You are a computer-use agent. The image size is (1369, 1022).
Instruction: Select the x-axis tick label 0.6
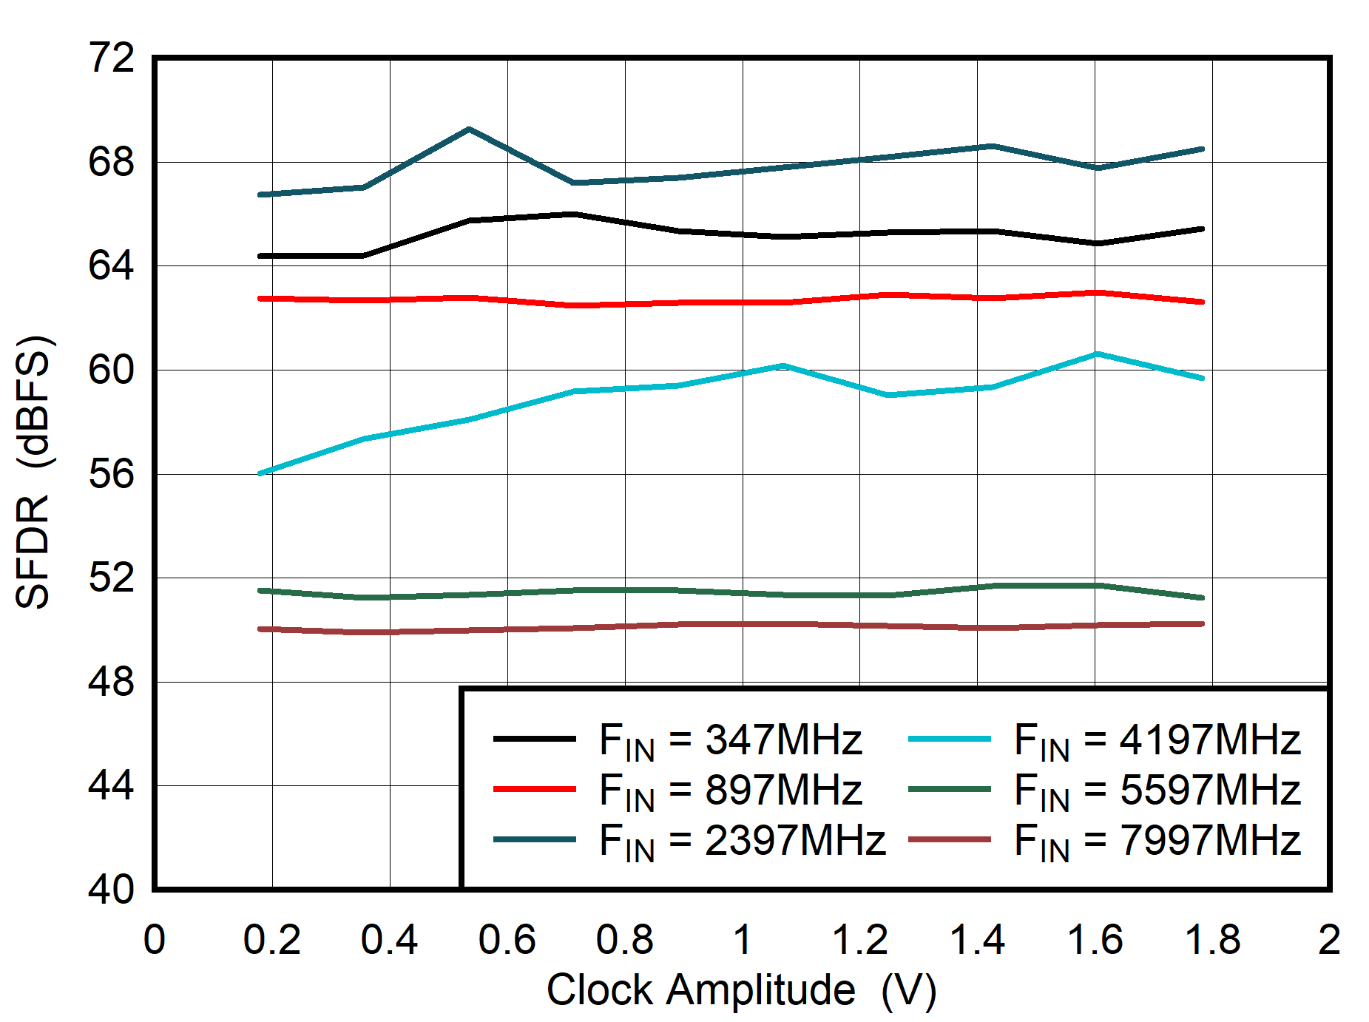pos(507,940)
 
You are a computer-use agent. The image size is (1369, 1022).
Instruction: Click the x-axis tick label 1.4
pos(977,940)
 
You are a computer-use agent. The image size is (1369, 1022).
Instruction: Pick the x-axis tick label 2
pos(1329,940)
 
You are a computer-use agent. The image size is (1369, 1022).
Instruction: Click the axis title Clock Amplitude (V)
pos(741,989)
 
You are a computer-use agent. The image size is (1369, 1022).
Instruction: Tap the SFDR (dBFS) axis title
pos(33,472)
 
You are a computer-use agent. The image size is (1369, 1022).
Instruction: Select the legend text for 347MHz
pos(731,740)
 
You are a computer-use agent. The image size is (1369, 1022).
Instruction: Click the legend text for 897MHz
pos(731,790)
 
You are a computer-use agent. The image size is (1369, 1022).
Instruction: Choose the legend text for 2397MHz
pos(743,840)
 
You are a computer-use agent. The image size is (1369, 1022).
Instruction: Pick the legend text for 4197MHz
pos(1157,740)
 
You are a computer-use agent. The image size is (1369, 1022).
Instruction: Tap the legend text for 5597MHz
pos(1157,790)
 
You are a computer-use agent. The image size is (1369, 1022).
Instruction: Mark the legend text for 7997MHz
pos(1157,840)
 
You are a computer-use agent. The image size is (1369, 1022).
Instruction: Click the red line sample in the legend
pos(534,789)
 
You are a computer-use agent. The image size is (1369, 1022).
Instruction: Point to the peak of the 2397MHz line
pos(469,129)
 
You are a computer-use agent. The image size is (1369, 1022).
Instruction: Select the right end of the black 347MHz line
pos(1202,229)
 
